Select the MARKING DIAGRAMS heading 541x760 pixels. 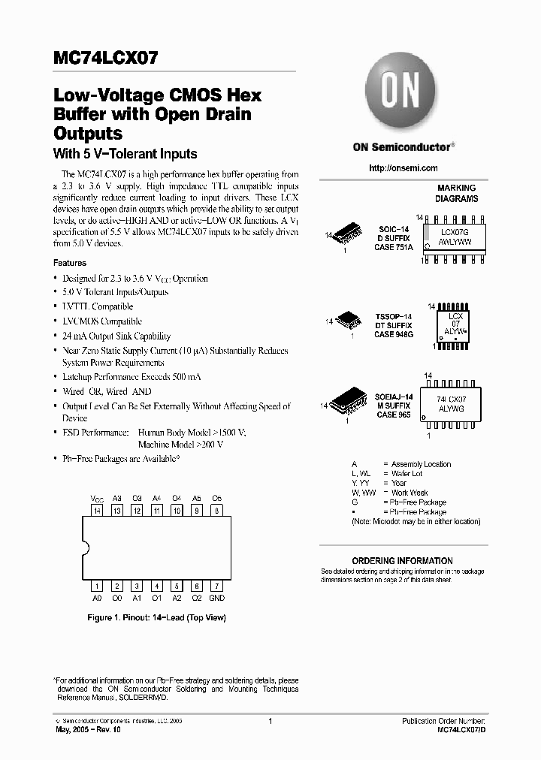[x=456, y=193]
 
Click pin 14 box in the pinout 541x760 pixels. [x=96, y=511]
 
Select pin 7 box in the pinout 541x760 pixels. [x=216, y=586]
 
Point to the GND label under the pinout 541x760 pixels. [x=216, y=598]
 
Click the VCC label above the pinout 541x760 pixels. [x=97, y=498]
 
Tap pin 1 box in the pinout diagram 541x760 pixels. [x=96, y=586]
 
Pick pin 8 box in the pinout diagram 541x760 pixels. [x=216, y=511]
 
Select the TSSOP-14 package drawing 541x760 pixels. [x=351, y=321]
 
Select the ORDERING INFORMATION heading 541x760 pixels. [x=402, y=561]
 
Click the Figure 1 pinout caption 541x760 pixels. [x=156, y=617]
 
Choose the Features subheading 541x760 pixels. [x=70, y=263]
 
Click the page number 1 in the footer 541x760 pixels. [x=269, y=720]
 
